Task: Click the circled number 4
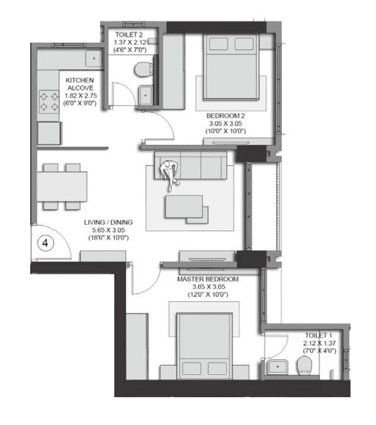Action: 45,242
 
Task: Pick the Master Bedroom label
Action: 207,279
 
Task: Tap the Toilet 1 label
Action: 319,335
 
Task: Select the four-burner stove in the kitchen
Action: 48,101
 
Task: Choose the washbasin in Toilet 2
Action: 146,95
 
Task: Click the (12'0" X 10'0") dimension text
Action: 207,294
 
